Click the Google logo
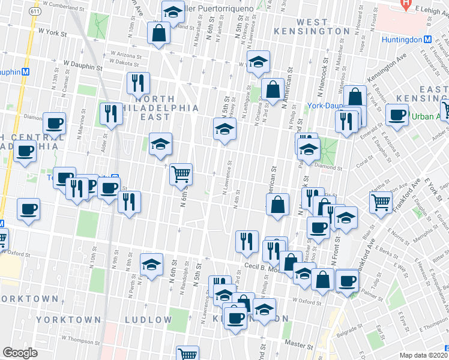point(20,352)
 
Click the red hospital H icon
point(406,3)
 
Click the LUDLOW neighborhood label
point(148,319)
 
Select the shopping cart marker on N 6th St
point(181,175)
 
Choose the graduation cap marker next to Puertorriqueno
point(173,11)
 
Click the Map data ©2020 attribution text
point(423,355)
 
